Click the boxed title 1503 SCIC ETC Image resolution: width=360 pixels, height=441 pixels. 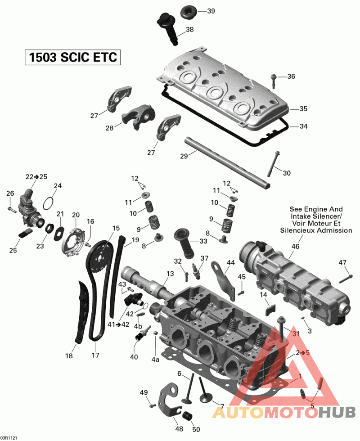pyautogui.click(x=72, y=58)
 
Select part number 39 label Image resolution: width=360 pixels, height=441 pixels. pyautogui.click(x=211, y=11)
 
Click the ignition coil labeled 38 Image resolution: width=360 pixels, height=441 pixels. pyautogui.click(x=169, y=27)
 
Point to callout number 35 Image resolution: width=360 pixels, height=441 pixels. pyautogui.click(x=303, y=109)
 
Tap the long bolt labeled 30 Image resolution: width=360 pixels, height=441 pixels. pyautogui.click(x=273, y=165)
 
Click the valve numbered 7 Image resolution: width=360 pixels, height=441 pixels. pyautogui.click(x=205, y=398)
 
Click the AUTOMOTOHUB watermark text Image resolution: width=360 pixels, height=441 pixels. pyautogui.click(x=283, y=412)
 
